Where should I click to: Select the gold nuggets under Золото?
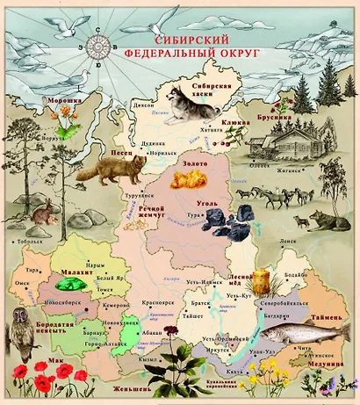tap(185, 182)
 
